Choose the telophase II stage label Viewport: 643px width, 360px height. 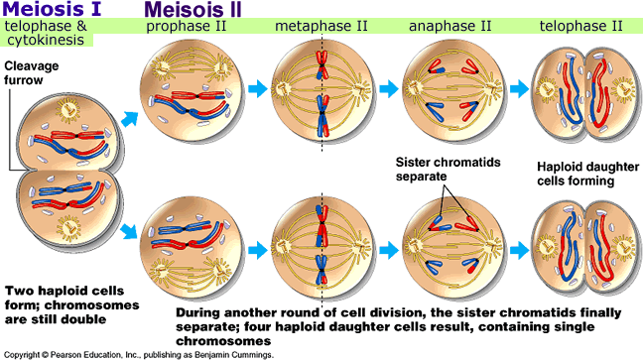[x=583, y=24]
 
